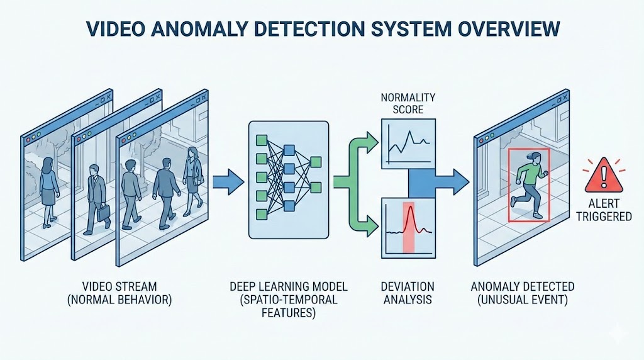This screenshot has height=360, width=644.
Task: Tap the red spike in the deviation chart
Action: (x=408, y=223)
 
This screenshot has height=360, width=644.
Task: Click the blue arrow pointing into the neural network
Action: (x=226, y=183)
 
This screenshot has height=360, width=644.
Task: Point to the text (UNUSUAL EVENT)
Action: (x=522, y=300)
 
